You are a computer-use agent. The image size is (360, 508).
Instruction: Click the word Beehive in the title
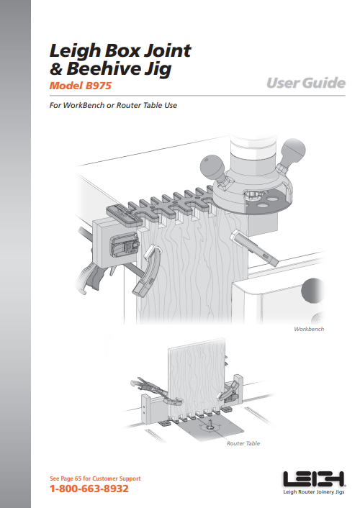tap(104, 68)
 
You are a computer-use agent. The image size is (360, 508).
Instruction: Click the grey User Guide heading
tap(306, 83)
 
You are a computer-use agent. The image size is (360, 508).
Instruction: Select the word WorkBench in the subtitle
tap(84, 105)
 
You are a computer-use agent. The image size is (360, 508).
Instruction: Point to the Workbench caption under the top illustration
tap(309, 329)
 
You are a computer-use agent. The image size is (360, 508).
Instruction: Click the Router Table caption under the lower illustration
tap(243, 443)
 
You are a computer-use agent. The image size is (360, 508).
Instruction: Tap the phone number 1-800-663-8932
tap(89, 489)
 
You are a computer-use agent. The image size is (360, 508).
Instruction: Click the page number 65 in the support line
tap(78, 478)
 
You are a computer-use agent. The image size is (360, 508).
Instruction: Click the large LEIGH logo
tap(314, 479)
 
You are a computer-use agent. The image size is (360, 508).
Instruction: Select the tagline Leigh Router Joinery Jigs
tap(314, 491)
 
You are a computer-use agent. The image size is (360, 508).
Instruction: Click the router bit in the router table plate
tap(210, 425)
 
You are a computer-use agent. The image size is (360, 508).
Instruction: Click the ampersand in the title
tap(56, 69)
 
